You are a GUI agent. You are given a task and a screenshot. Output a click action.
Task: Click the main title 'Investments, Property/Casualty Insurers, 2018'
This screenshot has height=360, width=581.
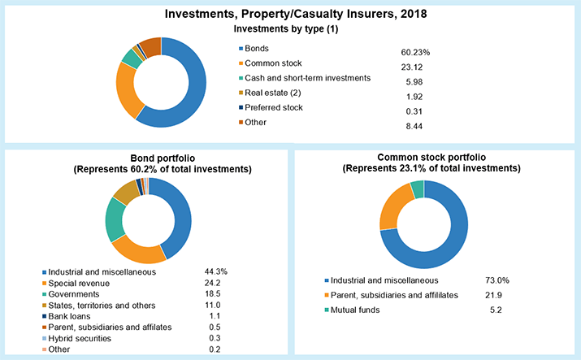(x=290, y=14)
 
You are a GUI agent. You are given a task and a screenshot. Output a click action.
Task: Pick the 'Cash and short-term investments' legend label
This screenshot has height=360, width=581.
(x=308, y=78)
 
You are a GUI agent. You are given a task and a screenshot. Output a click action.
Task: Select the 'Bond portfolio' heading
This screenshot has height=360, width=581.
(x=147, y=157)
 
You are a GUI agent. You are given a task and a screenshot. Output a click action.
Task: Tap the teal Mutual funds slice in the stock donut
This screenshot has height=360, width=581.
(x=418, y=189)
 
